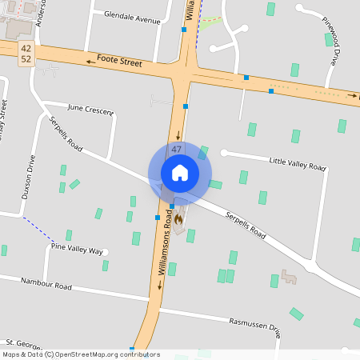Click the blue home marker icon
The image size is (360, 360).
point(180,172)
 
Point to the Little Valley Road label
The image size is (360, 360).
point(298,163)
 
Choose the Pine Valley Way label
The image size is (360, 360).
point(77,249)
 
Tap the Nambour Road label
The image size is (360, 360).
point(46,284)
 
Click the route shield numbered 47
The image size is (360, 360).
point(176,150)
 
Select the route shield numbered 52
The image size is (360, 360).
point(26,59)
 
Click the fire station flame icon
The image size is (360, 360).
point(180,216)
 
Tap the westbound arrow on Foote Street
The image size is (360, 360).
point(89,59)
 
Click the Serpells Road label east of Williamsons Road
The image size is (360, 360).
point(245,226)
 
